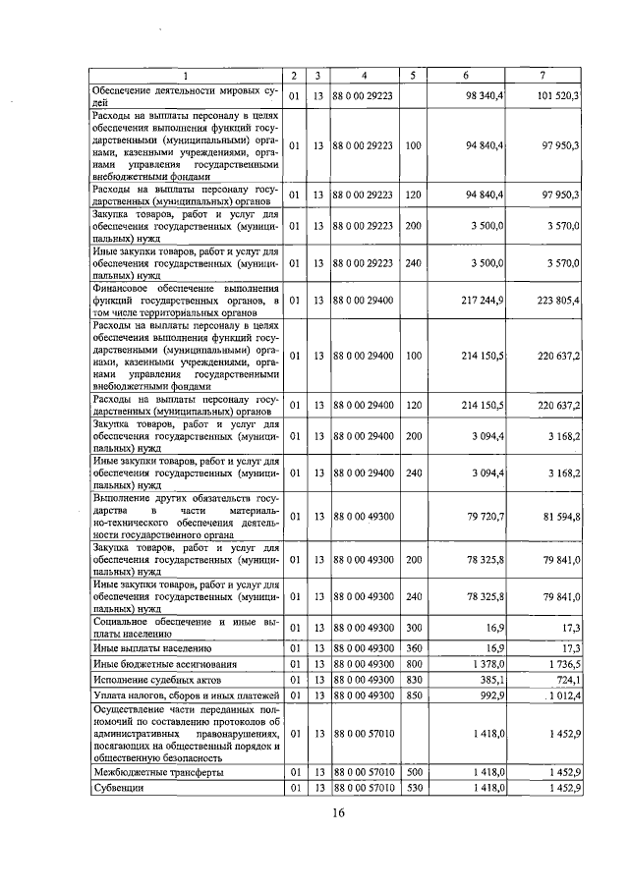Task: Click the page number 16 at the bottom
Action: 338,813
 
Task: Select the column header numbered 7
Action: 542,76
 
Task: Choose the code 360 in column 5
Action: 413,649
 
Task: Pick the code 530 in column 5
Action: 413,788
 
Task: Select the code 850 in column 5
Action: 413,695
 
